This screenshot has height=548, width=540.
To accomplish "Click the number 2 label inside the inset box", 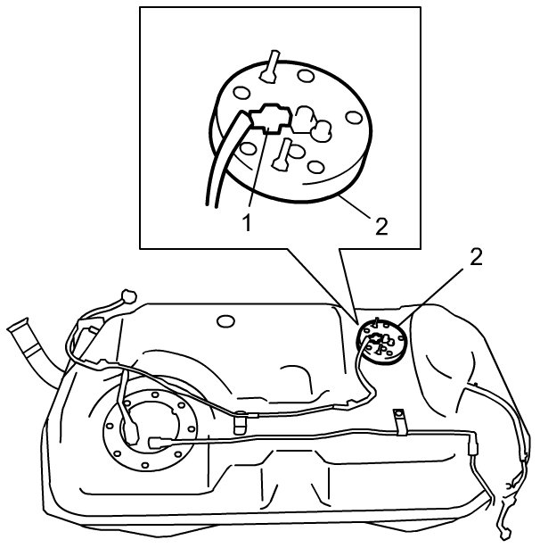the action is pos(381,226).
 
